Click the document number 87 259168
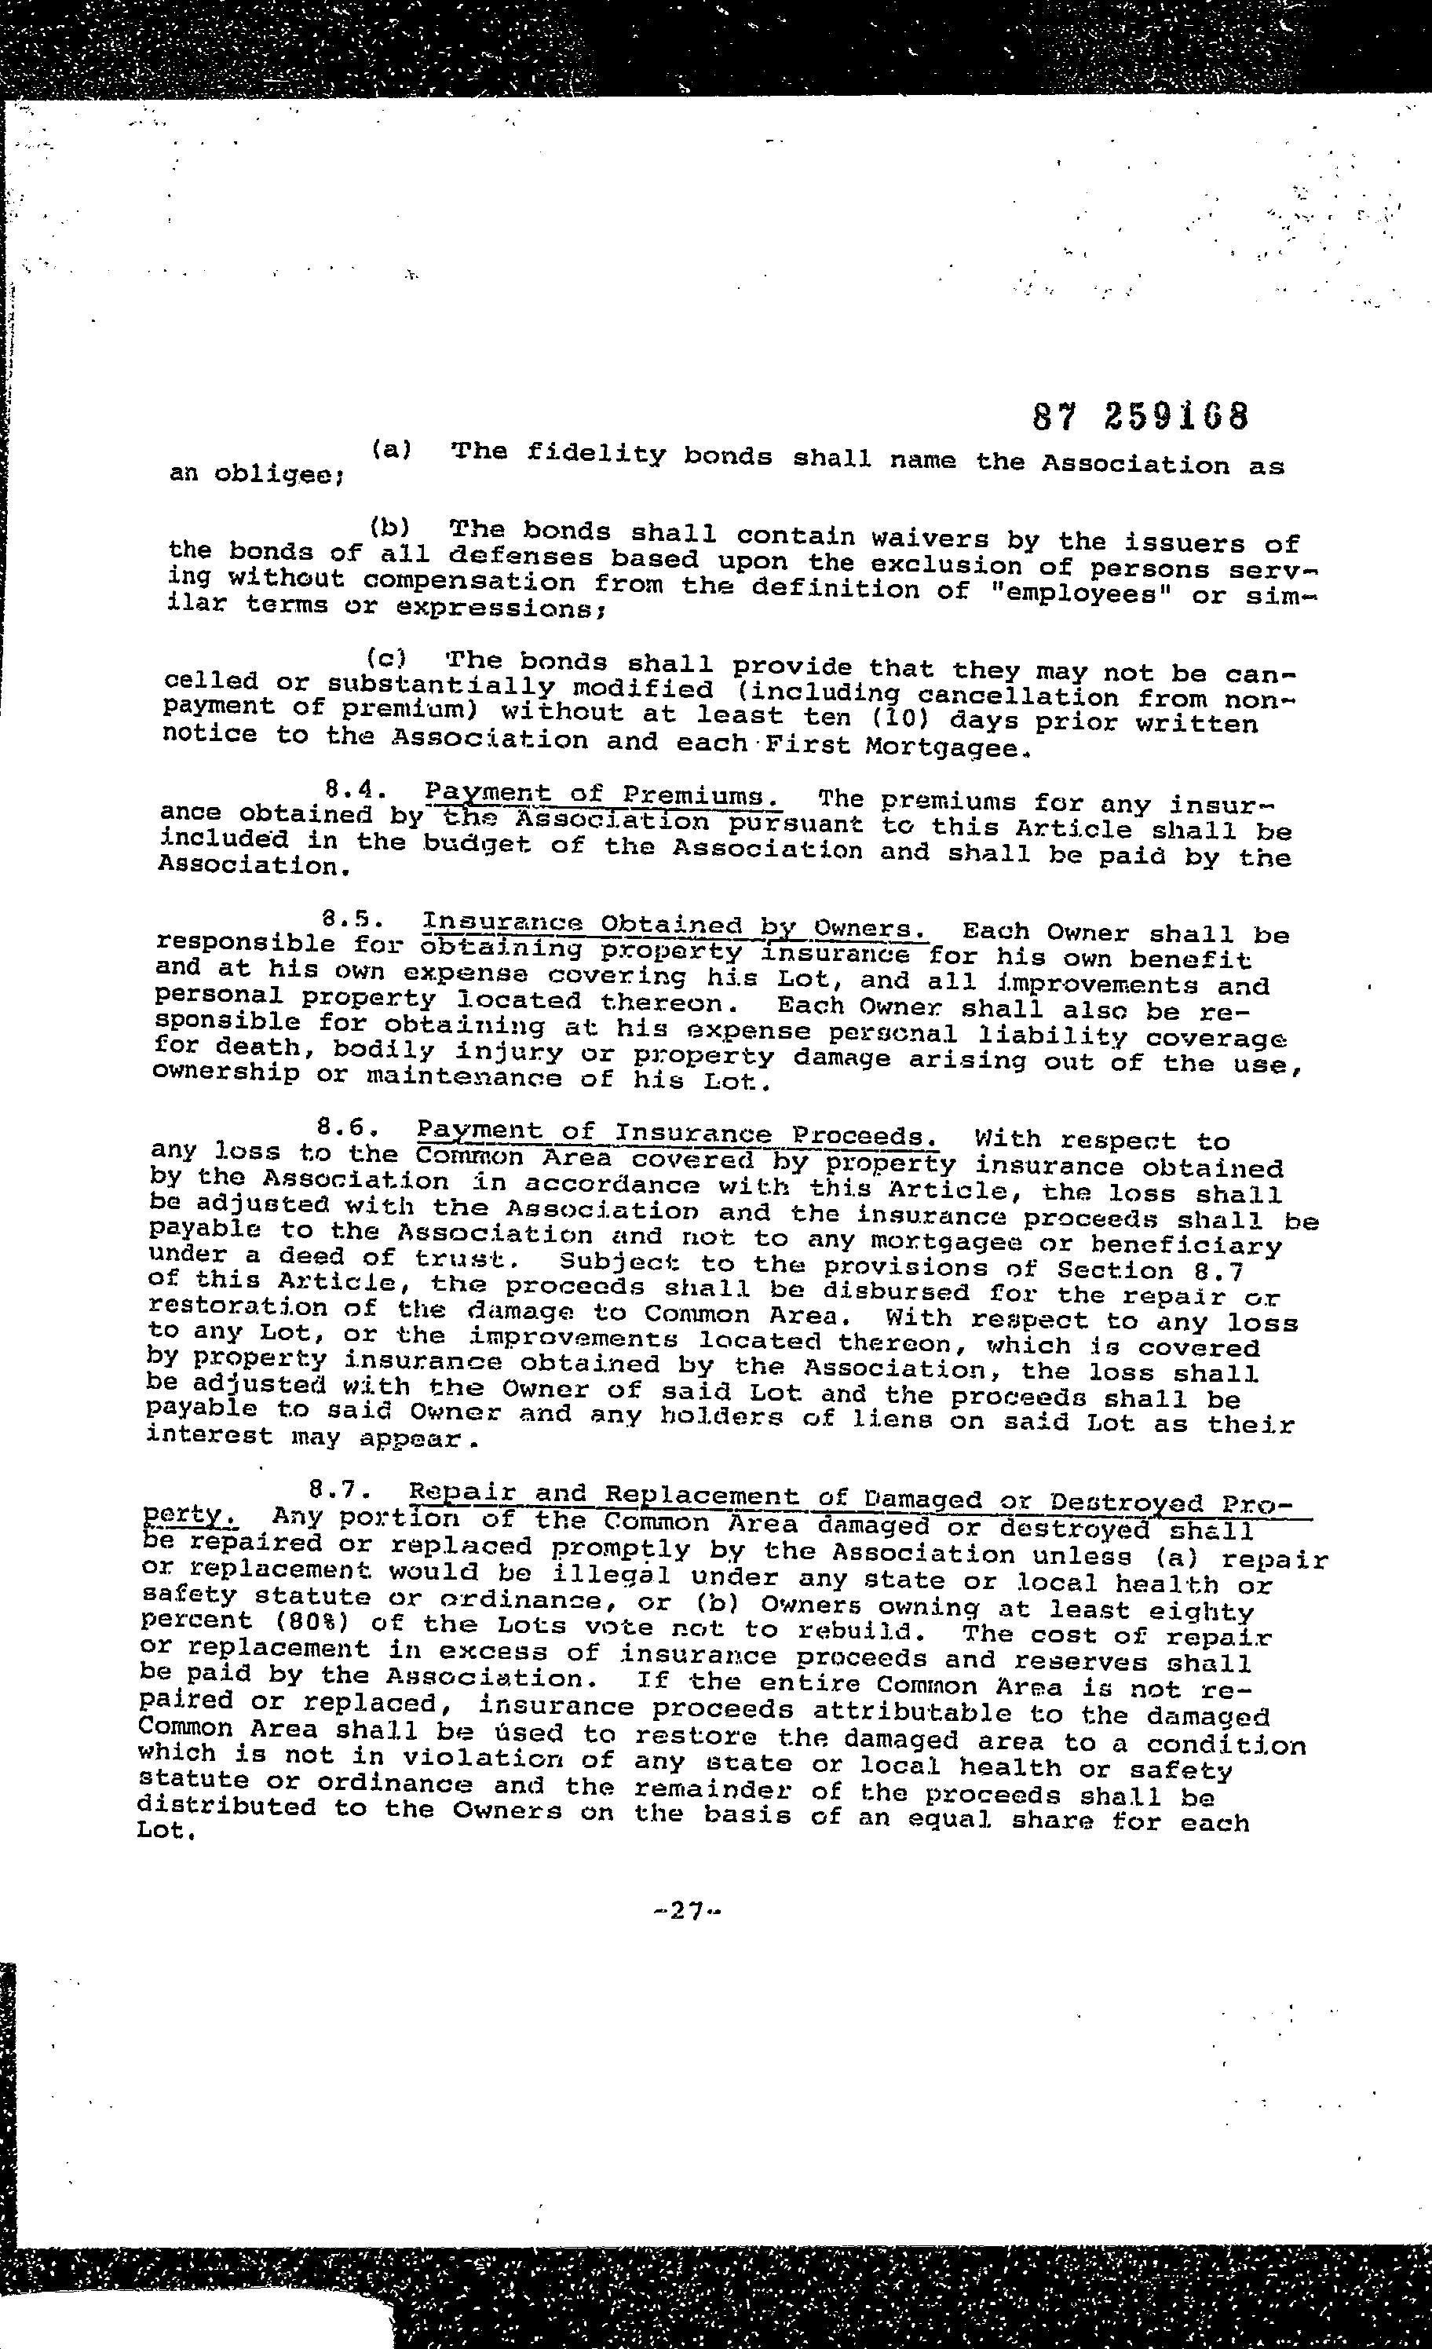[1140, 417]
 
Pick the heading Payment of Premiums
[604, 795]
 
